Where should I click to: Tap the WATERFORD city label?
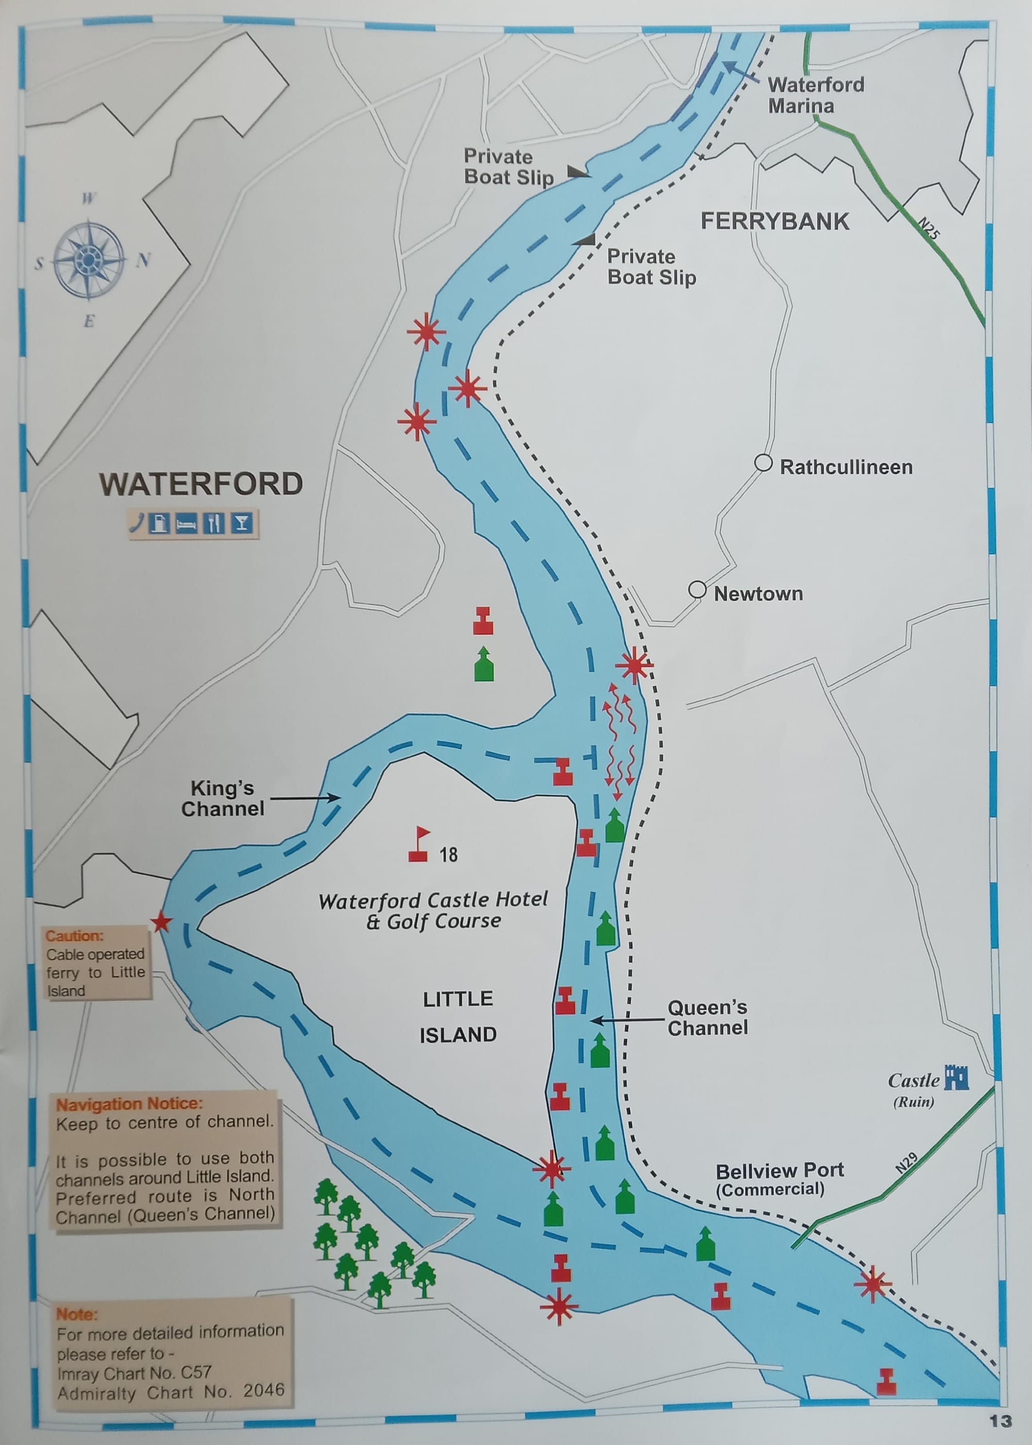coord(201,484)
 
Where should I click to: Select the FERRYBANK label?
coord(775,221)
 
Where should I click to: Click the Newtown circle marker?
coord(697,590)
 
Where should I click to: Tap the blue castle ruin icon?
coord(956,1077)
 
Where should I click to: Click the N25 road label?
coord(928,228)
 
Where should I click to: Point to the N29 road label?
coord(906,1162)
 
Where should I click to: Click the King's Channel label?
coord(222,798)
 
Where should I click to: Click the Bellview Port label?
coord(779,1170)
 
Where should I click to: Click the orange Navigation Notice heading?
coord(129,1104)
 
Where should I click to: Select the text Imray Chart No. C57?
coord(134,1373)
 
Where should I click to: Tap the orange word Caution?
coord(74,936)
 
